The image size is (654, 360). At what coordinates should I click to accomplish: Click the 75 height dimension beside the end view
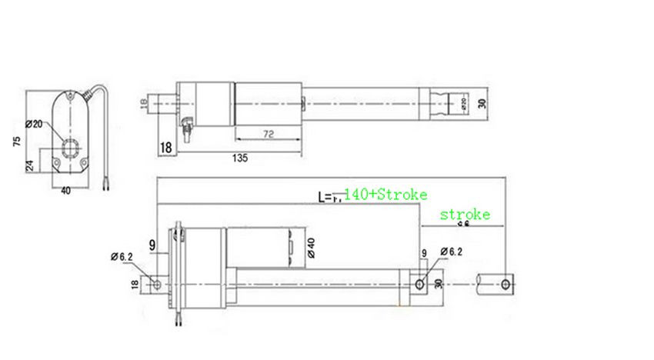tap(16, 143)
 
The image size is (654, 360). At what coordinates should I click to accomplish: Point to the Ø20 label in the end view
tap(33, 124)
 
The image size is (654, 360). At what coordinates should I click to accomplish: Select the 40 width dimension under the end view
tap(65, 190)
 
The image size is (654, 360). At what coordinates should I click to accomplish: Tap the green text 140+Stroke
tap(385, 195)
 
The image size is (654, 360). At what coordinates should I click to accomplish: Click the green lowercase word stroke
tap(465, 215)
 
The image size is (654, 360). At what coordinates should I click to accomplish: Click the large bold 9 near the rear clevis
tap(153, 246)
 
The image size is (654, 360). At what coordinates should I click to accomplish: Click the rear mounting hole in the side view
tap(158, 284)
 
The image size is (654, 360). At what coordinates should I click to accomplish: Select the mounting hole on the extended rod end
tap(506, 284)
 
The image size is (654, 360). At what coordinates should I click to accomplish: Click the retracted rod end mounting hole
tap(419, 284)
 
